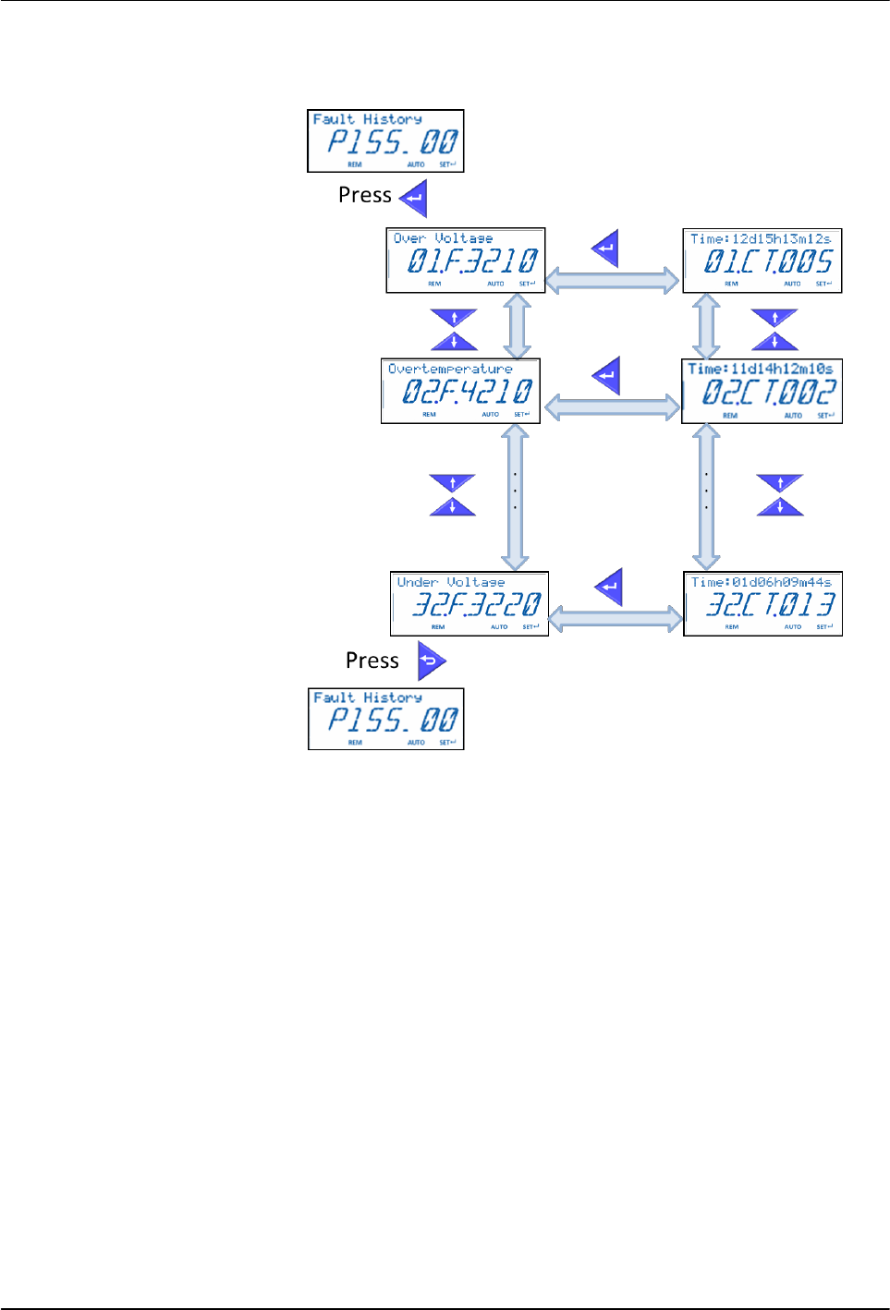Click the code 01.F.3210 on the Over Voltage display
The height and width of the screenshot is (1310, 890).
pos(471,262)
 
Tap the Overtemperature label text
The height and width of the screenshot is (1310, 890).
pos(450,369)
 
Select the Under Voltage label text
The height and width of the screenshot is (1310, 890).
pos(451,582)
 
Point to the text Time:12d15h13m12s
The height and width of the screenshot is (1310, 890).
pos(761,238)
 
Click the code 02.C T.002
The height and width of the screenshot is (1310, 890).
pos(768,393)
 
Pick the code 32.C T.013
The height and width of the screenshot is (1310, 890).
pos(770,605)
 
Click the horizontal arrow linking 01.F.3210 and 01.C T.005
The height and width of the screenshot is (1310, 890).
pos(613,280)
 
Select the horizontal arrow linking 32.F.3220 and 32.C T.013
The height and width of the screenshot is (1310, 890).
pos(615,619)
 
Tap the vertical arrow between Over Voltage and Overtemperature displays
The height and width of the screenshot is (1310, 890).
pos(517,326)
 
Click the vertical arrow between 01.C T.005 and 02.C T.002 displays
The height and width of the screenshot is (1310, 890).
pos(707,326)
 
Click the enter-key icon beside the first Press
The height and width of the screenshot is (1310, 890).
pos(413,198)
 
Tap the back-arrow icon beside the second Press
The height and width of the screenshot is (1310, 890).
pos(431,661)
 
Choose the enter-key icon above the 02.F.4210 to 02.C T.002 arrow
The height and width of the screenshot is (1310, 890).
pos(606,375)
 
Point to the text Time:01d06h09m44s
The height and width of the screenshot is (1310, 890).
pos(762,582)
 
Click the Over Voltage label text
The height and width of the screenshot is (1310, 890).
pos(444,238)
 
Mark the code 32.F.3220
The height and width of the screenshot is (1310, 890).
pos(476,605)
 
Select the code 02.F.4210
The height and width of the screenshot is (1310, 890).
pos(467,393)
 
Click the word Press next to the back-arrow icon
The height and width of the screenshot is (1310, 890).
pos(372,661)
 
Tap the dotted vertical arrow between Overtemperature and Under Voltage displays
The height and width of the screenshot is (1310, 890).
pos(515,497)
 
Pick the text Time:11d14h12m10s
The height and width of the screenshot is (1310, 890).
pos(761,369)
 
